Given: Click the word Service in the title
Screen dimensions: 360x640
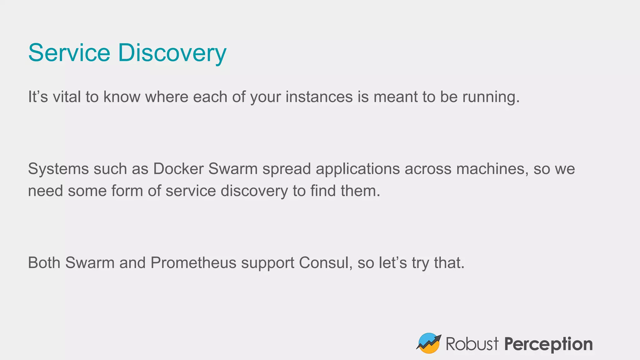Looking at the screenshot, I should [69, 52].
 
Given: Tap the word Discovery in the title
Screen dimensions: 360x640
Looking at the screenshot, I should [172, 53].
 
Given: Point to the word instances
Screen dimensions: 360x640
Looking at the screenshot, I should [319, 97].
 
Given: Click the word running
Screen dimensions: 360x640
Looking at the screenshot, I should [491, 97].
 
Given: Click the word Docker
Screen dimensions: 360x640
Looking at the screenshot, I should [178, 169].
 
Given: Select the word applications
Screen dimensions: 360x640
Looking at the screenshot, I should [358, 169].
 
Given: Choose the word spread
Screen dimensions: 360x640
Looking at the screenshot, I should [287, 169].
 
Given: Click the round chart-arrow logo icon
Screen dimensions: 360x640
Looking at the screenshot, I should [429, 343].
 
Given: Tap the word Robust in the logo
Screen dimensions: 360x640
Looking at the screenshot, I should [472, 344].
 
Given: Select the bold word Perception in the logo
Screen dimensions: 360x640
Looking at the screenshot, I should [548, 344].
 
